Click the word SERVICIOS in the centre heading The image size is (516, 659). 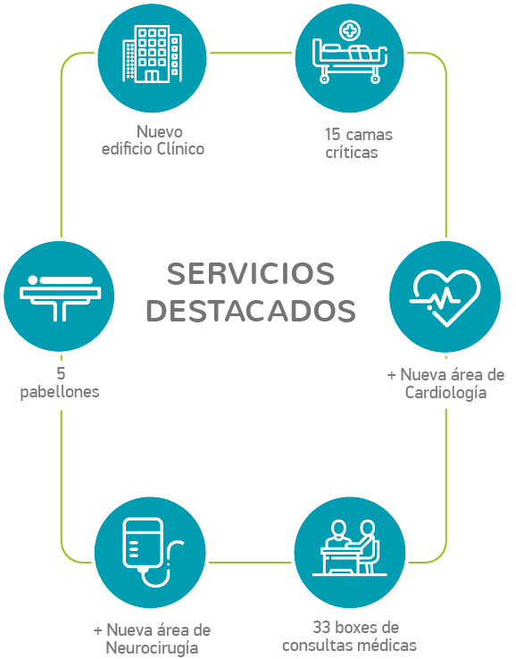(251, 273)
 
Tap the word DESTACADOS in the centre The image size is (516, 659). (251, 311)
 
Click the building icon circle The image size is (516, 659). (152, 57)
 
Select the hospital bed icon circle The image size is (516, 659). (350, 57)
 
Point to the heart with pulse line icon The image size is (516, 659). (445, 297)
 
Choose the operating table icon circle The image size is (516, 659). (59, 296)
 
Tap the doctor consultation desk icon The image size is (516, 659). (350, 548)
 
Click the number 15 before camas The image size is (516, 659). (332, 135)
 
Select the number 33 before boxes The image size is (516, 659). (320, 627)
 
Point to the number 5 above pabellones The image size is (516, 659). (61, 373)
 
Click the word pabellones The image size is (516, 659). (60, 392)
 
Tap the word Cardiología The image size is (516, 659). (445, 393)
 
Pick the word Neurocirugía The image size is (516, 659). (152, 647)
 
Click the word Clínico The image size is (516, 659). (180, 149)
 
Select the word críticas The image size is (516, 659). (352, 152)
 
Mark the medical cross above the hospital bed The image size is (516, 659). (350, 30)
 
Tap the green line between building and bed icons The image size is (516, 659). (251, 53)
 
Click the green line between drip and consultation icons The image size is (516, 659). (250, 563)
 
